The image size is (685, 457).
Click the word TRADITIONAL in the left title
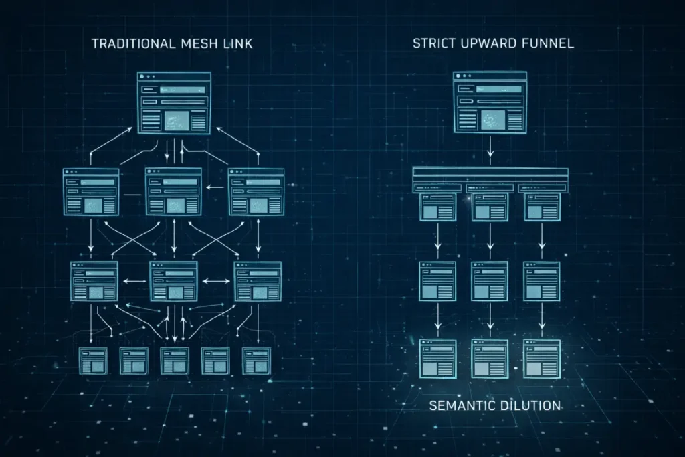[x=132, y=44]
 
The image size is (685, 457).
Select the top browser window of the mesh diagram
[x=174, y=102]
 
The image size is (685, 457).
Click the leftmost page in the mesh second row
[x=91, y=192]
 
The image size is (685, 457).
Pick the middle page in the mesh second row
[x=173, y=191]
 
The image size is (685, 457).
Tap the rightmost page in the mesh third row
[x=258, y=280]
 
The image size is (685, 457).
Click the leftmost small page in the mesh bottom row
[x=92, y=360]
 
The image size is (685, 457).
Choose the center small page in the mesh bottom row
[x=174, y=360]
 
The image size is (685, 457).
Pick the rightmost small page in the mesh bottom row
[x=256, y=360]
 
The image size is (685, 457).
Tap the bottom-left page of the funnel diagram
[x=437, y=359]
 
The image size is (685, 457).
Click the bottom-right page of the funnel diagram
[x=541, y=359]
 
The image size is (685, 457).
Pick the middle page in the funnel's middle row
[x=490, y=280]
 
